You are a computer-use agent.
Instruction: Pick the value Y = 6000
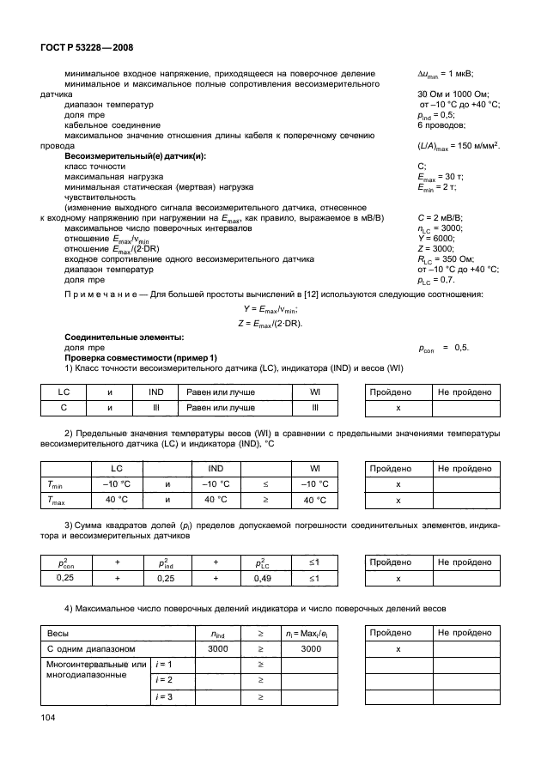click(435, 238)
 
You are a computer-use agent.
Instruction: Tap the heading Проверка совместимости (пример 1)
click(136, 357)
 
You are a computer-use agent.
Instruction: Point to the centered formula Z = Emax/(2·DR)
click(269, 322)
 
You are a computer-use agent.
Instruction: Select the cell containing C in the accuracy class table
click(63, 409)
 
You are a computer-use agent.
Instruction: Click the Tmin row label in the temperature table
click(57, 484)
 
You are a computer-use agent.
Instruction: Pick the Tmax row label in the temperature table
click(58, 500)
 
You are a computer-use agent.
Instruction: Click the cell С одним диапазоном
click(86, 650)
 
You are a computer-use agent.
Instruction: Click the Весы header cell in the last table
click(58, 635)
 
